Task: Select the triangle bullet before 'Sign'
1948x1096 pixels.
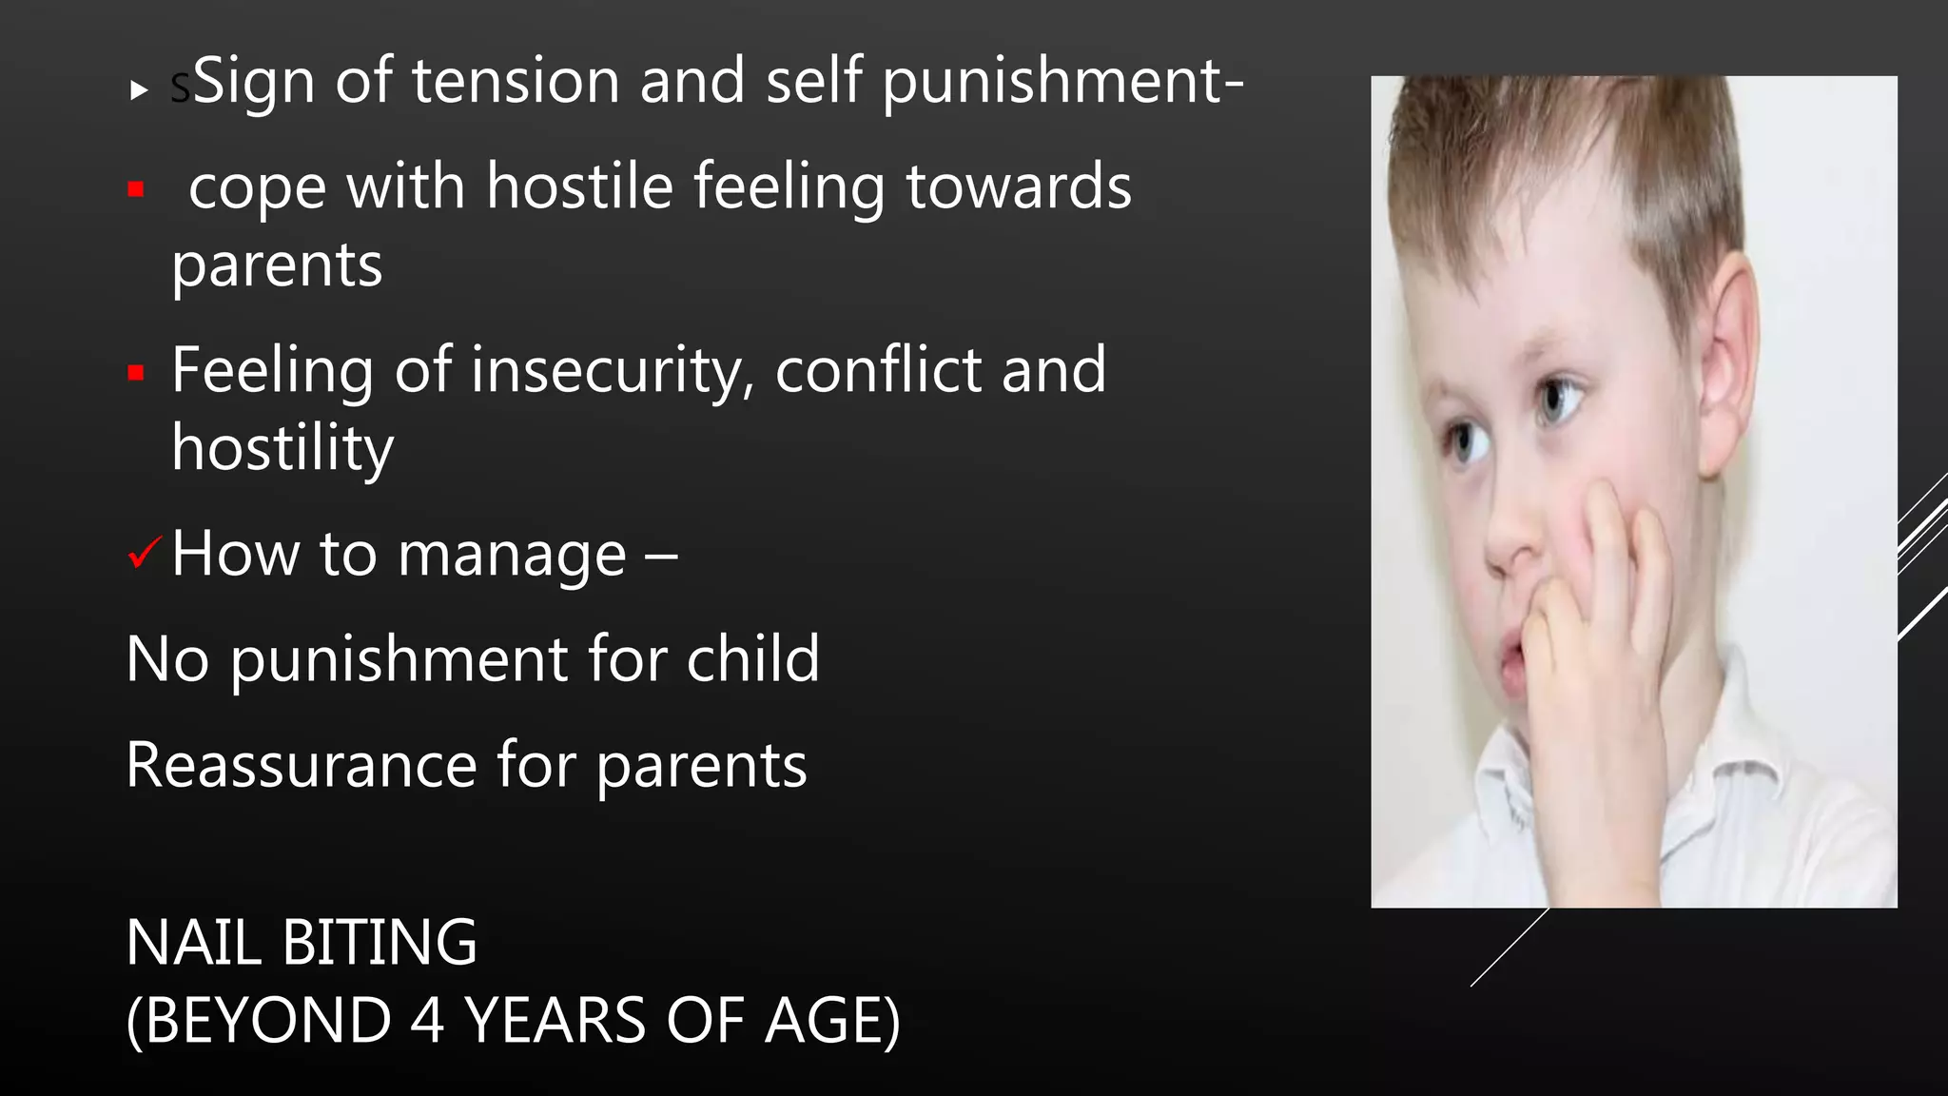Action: [140, 90]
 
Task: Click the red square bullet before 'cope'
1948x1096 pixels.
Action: [136, 189]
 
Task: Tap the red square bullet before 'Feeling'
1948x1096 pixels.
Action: [136, 372]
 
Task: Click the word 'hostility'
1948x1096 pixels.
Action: [282, 448]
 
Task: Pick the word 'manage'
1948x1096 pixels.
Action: [512, 555]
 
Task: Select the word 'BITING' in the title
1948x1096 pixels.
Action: [380, 943]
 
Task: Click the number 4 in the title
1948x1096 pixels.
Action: [428, 1021]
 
